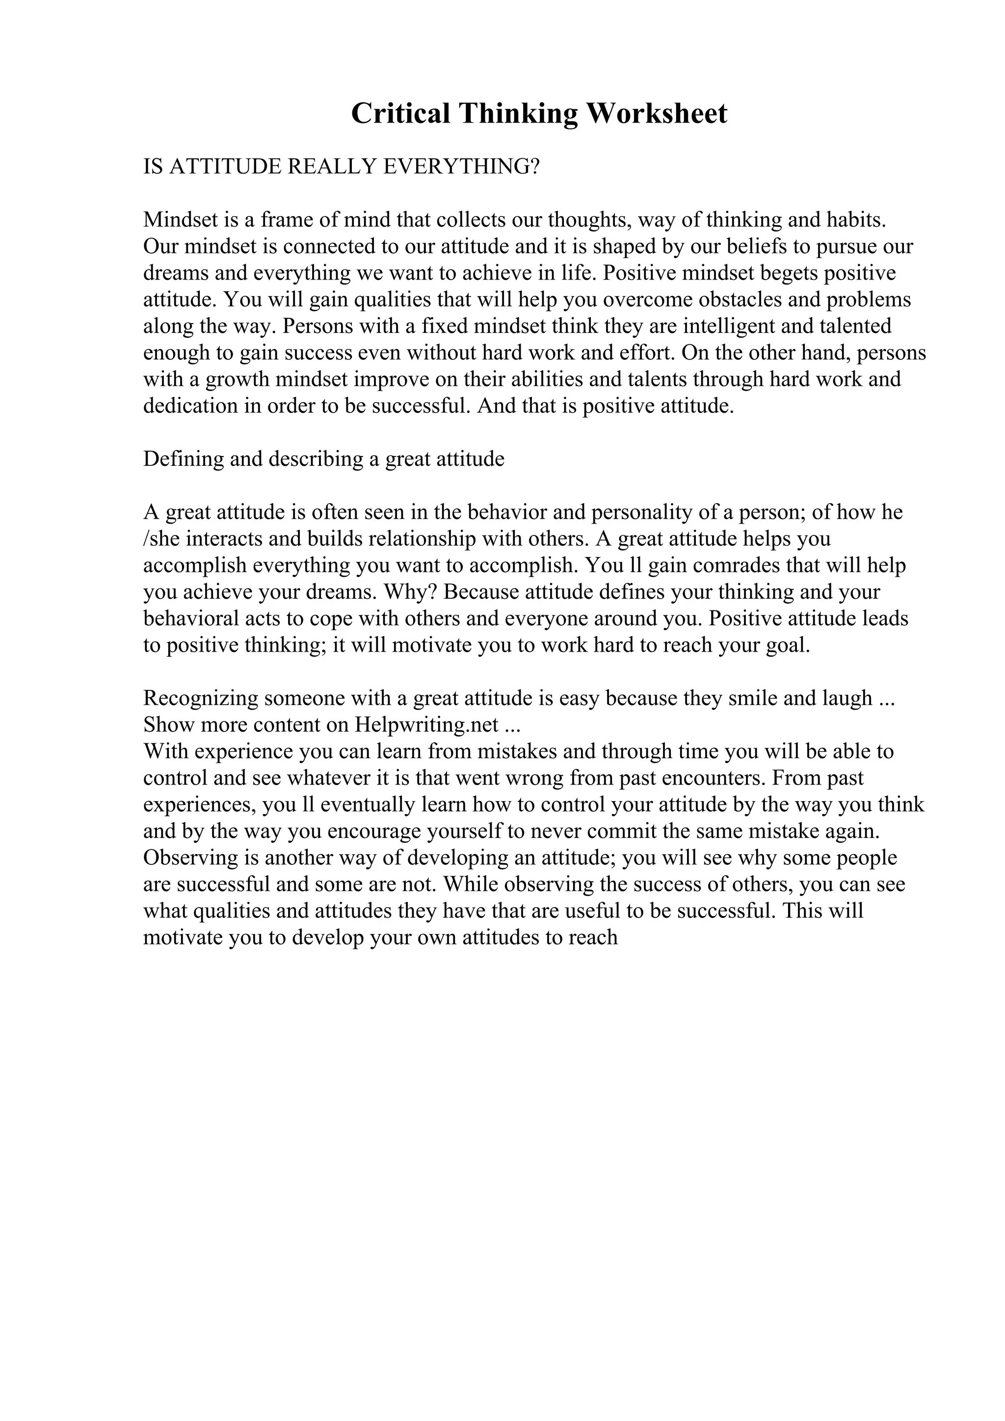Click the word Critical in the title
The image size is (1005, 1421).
pyautogui.click(x=400, y=114)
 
